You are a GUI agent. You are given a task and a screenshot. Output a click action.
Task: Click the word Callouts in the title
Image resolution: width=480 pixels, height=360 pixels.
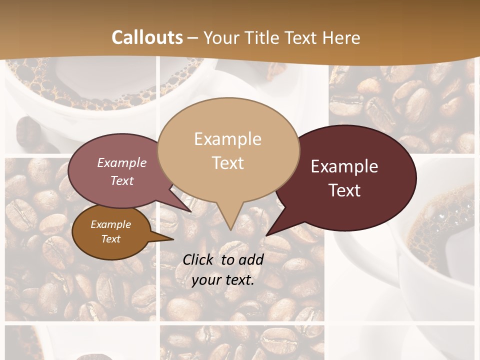(147, 37)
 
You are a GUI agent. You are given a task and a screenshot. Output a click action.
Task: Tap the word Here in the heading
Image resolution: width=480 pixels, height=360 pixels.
(340, 37)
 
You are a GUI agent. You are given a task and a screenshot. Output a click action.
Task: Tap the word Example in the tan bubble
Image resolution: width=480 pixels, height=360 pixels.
(227, 139)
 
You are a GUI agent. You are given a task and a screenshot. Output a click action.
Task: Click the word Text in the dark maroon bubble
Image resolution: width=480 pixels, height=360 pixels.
(344, 190)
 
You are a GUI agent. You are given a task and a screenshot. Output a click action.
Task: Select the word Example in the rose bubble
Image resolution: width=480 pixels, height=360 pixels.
(121, 162)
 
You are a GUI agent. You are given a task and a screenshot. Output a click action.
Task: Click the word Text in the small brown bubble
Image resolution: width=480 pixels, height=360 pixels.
(110, 239)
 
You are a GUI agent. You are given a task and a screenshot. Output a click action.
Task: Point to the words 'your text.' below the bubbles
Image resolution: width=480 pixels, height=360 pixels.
(223, 280)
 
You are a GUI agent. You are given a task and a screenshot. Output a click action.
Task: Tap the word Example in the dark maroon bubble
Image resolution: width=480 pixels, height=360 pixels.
(344, 166)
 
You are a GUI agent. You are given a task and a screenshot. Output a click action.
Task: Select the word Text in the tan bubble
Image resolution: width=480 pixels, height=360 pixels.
(227, 163)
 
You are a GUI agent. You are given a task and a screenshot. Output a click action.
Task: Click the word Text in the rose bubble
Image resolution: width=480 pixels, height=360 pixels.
(121, 180)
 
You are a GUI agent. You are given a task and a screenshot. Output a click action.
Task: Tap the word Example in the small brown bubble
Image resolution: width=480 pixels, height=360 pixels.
(110, 224)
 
